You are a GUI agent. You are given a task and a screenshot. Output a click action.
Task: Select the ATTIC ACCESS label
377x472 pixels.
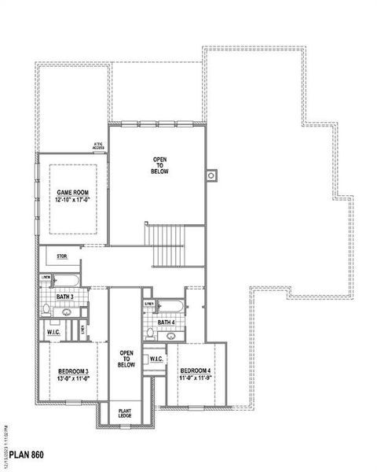coord(99,146)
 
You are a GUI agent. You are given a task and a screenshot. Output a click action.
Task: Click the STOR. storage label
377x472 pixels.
coord(62,256)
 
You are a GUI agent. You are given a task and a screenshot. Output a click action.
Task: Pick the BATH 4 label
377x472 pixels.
coord(166,323)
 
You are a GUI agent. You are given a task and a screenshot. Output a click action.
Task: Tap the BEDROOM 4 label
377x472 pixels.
coord(194,371)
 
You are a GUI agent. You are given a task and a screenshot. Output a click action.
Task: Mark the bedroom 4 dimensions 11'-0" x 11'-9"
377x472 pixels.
coord(194,378)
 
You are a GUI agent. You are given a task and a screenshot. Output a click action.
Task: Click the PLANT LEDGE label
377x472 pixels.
coord(125,413)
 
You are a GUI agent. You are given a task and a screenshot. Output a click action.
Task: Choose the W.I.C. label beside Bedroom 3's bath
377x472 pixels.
coord(53,332)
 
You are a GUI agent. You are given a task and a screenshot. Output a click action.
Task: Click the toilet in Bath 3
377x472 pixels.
coord(47,308)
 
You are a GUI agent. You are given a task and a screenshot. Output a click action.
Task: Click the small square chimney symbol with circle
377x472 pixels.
coord(210,175)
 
